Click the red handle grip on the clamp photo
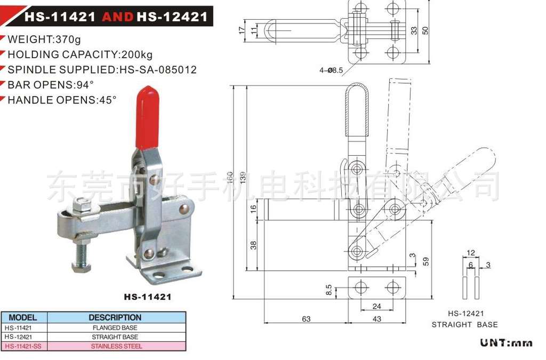point(148,118)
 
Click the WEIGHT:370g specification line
point(44,39)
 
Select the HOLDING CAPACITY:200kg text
point(80,54)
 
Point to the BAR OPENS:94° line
point(51,85)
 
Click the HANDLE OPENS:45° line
point(62,100)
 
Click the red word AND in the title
point(117,17)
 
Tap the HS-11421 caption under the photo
point(148,297)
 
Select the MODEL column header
point(22,317)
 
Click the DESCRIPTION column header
point(115,317)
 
